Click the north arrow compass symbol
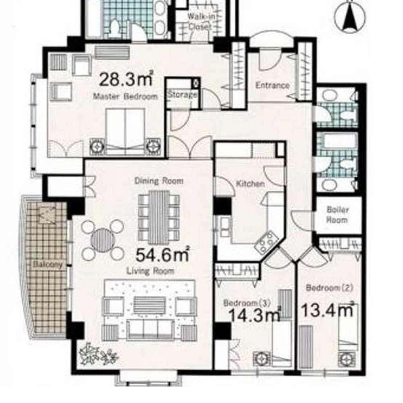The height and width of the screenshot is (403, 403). coord(349,17)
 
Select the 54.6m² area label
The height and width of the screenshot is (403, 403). coord(163,254)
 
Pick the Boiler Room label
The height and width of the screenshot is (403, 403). coord(337,215)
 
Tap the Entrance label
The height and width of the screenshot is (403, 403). coord(272,85)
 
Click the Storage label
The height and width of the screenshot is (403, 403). coord(183,95)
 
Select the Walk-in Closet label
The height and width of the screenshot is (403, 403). coord(200,21)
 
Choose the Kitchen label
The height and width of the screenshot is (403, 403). coord(250,184)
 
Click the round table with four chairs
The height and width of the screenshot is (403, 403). coord(103,240)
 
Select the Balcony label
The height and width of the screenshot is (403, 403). coord(48,264)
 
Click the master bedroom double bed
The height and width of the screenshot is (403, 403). coord(125,132)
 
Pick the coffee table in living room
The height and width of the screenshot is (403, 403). coord(150,305)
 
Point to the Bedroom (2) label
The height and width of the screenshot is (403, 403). coord(330,288)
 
